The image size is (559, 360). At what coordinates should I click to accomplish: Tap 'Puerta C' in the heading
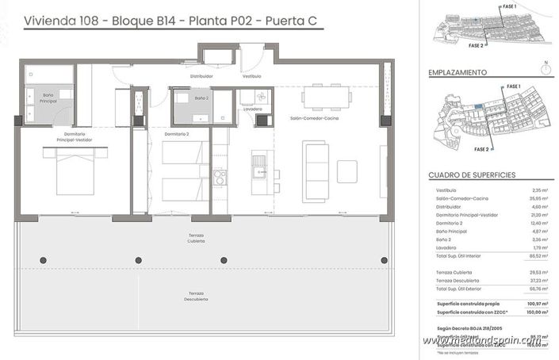pos(290,21)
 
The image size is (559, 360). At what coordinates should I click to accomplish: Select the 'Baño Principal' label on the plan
pos(48,98)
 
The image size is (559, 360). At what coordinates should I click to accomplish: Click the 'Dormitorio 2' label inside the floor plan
pos(176,134)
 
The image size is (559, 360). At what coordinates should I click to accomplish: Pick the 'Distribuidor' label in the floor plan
pos(202,76)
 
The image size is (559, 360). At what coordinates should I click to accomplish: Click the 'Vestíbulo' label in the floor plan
pos(251,76)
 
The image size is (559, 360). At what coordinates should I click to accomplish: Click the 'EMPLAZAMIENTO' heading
pos(457,72)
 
